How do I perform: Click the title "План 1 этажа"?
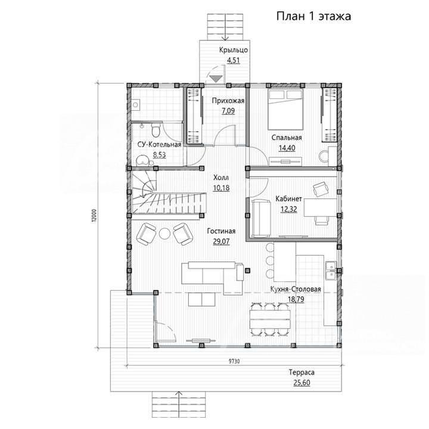[x=313, y=17]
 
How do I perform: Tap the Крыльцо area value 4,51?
[x=234, y=60]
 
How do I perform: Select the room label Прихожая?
[x=228, y=101]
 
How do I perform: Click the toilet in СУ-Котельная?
[x=156, y=130]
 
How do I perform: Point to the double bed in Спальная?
[x=285, y=109]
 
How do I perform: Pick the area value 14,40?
[x=287, y=148]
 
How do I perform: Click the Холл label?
[x=221, y=178]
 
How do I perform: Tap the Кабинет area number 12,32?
[x=288, y=209]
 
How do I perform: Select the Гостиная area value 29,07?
[x=221, y=241]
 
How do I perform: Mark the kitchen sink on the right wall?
[x=331, y=271]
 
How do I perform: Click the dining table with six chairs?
[x=270, y=319]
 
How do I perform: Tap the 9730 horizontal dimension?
[x=234, y=362]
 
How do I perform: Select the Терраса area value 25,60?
[x=301, y=383]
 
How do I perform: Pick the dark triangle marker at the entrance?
[x=215, y=79]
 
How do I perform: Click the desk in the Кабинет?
[x=321, y=207]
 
